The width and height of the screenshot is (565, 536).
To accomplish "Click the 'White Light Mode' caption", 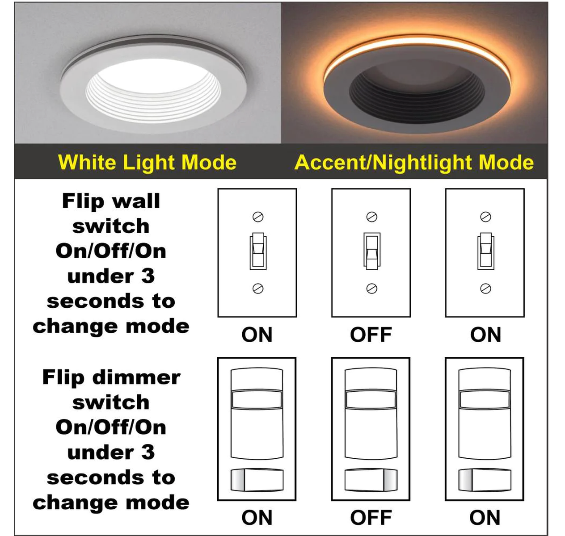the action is (x=147, y=163).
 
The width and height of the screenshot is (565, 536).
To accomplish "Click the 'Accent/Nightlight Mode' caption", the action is (x=414, y=163).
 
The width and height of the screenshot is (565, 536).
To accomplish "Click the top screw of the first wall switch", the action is (x=258, y=217).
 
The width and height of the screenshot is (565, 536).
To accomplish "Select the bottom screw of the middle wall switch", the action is (x=371, y=289).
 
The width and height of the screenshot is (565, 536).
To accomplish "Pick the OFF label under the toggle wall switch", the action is (x=371, y=335).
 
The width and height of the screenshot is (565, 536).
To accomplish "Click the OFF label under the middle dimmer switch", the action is (x=371, y=517).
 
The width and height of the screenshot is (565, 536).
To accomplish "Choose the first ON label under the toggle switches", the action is (x=257, y=335).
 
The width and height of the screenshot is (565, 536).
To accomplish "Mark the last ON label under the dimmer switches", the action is (x=485, y=517).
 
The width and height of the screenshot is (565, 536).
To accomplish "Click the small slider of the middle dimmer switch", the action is (x=371, y=480).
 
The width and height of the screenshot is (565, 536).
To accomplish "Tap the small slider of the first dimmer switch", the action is (x=257, y=480).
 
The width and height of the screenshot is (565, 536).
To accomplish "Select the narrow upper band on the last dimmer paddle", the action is (x=485, y=399).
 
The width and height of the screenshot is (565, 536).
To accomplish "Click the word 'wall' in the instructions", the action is (x=136, y=201).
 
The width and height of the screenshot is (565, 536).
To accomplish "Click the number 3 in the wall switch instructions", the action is (x=148, y=276).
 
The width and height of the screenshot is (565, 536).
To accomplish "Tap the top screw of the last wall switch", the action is (x=486, y=217).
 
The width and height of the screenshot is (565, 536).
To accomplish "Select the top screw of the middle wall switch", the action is (x=371, y=217).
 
